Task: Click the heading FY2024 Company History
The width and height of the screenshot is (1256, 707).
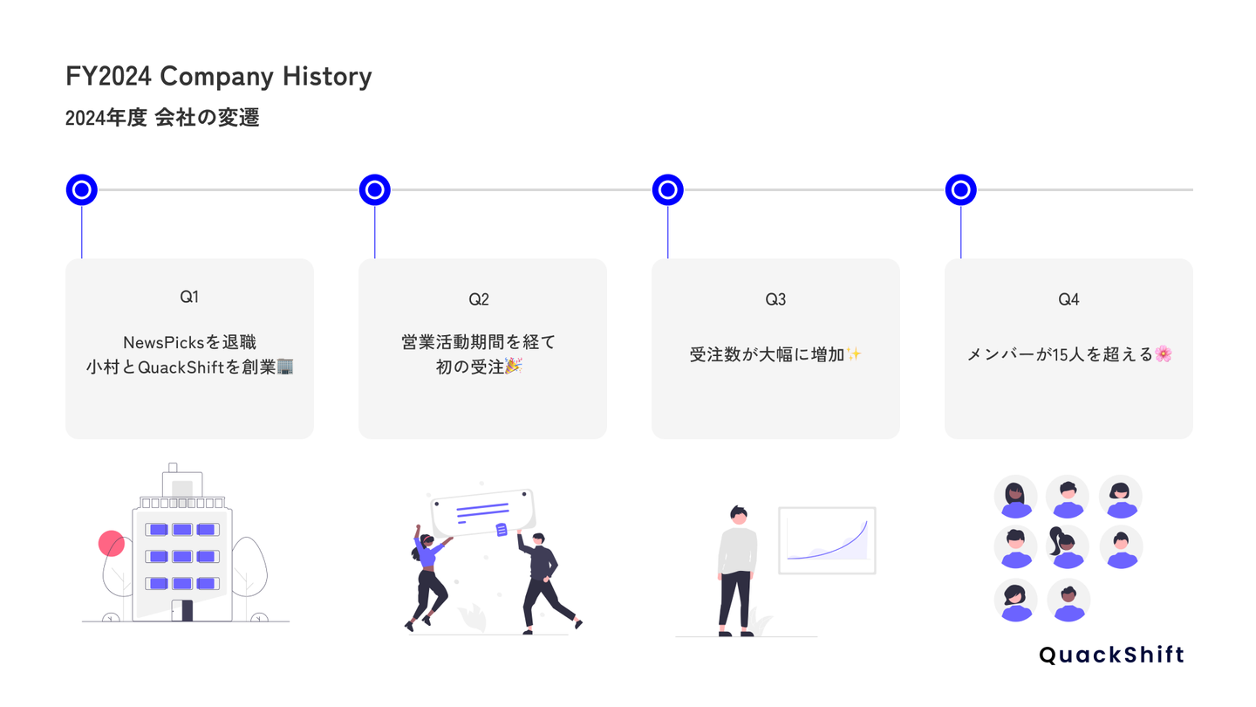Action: (x=218, y=77)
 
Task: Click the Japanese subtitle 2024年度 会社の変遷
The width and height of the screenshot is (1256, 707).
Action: (x=162, y=118)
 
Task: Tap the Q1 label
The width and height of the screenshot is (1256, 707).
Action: (x=189, y=297)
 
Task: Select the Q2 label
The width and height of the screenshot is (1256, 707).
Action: (x=479, y=299)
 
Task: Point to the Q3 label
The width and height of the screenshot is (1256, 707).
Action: (x=775, y=299)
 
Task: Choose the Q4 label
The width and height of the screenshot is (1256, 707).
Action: (x=1068, y=299)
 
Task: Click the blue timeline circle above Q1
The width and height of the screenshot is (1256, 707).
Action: (x=82, y=189)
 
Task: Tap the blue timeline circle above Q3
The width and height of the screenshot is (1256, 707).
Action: (x=668, y=189)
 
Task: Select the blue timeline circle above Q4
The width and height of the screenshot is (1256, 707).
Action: (x=961, y=189)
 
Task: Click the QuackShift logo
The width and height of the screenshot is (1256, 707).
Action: (x=1112, y=656)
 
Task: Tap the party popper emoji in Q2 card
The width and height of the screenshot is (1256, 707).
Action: (x=514, y=366)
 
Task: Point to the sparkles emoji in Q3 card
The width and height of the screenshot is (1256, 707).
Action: (x=854, y=354)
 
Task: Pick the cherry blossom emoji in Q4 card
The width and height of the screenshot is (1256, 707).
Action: (x=1164, y=354)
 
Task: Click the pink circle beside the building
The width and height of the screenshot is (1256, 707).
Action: (x=112, y=544)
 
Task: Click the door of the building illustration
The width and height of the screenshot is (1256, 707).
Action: (x=181, y=610)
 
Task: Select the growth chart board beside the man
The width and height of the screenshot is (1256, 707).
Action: (x=826, y=540)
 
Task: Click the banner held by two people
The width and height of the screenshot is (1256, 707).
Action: (x=483, y=511)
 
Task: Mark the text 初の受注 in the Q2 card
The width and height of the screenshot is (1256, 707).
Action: (x=469, y=367)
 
